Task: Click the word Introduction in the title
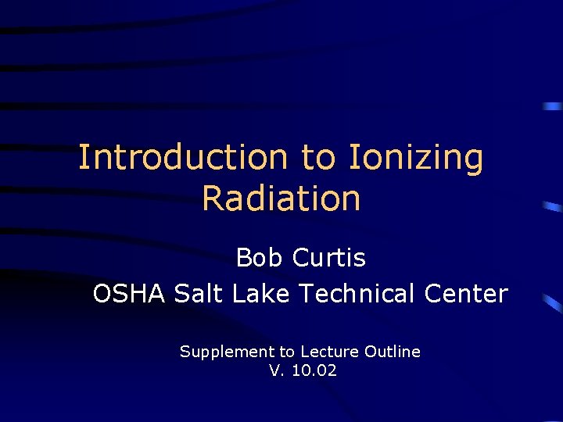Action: (183, 157)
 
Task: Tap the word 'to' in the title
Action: (318, 157)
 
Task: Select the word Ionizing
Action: (416, 159)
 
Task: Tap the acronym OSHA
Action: (130, 294)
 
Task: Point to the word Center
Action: (467, 294)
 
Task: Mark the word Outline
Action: (393, 352)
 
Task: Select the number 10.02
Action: (314, 371)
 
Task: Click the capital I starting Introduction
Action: (84, 157)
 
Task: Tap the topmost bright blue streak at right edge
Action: (553, 105)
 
